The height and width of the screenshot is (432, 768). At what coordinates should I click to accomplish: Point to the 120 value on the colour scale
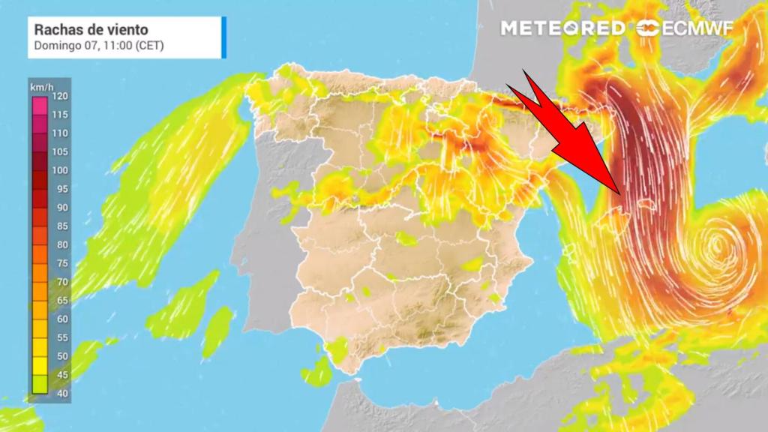61,96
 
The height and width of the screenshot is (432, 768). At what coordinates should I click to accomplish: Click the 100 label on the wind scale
61,170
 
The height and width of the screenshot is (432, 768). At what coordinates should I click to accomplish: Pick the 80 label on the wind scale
61,244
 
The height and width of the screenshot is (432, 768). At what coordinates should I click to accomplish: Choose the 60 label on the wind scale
61,319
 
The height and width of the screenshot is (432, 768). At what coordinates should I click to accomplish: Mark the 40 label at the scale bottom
61,393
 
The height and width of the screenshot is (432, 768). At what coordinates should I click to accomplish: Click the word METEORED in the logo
562,28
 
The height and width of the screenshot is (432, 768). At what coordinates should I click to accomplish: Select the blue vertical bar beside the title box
223,35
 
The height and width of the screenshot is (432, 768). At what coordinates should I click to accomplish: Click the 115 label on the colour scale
61,115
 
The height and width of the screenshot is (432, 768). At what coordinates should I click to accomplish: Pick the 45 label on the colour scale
61,374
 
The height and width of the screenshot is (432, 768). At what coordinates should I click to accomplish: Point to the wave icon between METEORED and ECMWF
646,28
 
